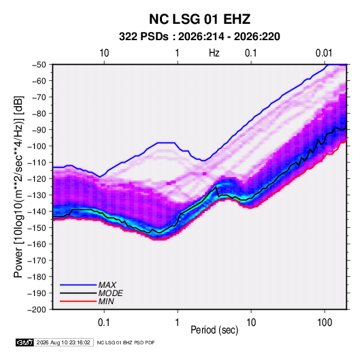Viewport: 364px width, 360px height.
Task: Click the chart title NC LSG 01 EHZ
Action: (x=199, y=19)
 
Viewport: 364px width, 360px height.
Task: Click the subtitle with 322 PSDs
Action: (x=199, y=37)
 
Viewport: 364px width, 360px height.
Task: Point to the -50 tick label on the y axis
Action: (x=39, y=65)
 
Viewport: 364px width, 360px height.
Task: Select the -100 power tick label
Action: (x=37, y=146)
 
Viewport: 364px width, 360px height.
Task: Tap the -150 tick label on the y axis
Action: (x=37, y=228)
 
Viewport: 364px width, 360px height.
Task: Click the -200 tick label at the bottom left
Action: (x=37, y=310)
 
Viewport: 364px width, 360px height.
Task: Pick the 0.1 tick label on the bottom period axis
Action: (x=104, y=323)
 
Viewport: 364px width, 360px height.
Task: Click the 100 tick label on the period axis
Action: (x=324, y=323)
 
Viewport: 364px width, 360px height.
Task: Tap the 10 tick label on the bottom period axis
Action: (x=251, y=323)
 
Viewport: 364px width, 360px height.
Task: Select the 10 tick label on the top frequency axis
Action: (x=104, y=53)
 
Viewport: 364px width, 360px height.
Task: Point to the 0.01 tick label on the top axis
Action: (x=324, y=53)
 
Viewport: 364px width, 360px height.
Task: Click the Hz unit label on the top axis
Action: (x=214, y=53)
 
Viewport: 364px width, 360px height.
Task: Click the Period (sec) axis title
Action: (x=214, y=330)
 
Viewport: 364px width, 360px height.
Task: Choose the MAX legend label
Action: (x=107, y=285)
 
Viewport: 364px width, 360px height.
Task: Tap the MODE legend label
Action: (x=110, y=293)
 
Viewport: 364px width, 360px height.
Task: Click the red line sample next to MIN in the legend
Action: (x=78, y=301)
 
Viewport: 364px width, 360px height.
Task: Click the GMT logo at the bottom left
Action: (x=25, y=342)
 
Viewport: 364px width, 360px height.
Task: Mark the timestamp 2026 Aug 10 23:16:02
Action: (x=63, y=342)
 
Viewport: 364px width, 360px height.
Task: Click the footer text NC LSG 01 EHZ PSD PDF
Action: (x=126, y=342)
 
